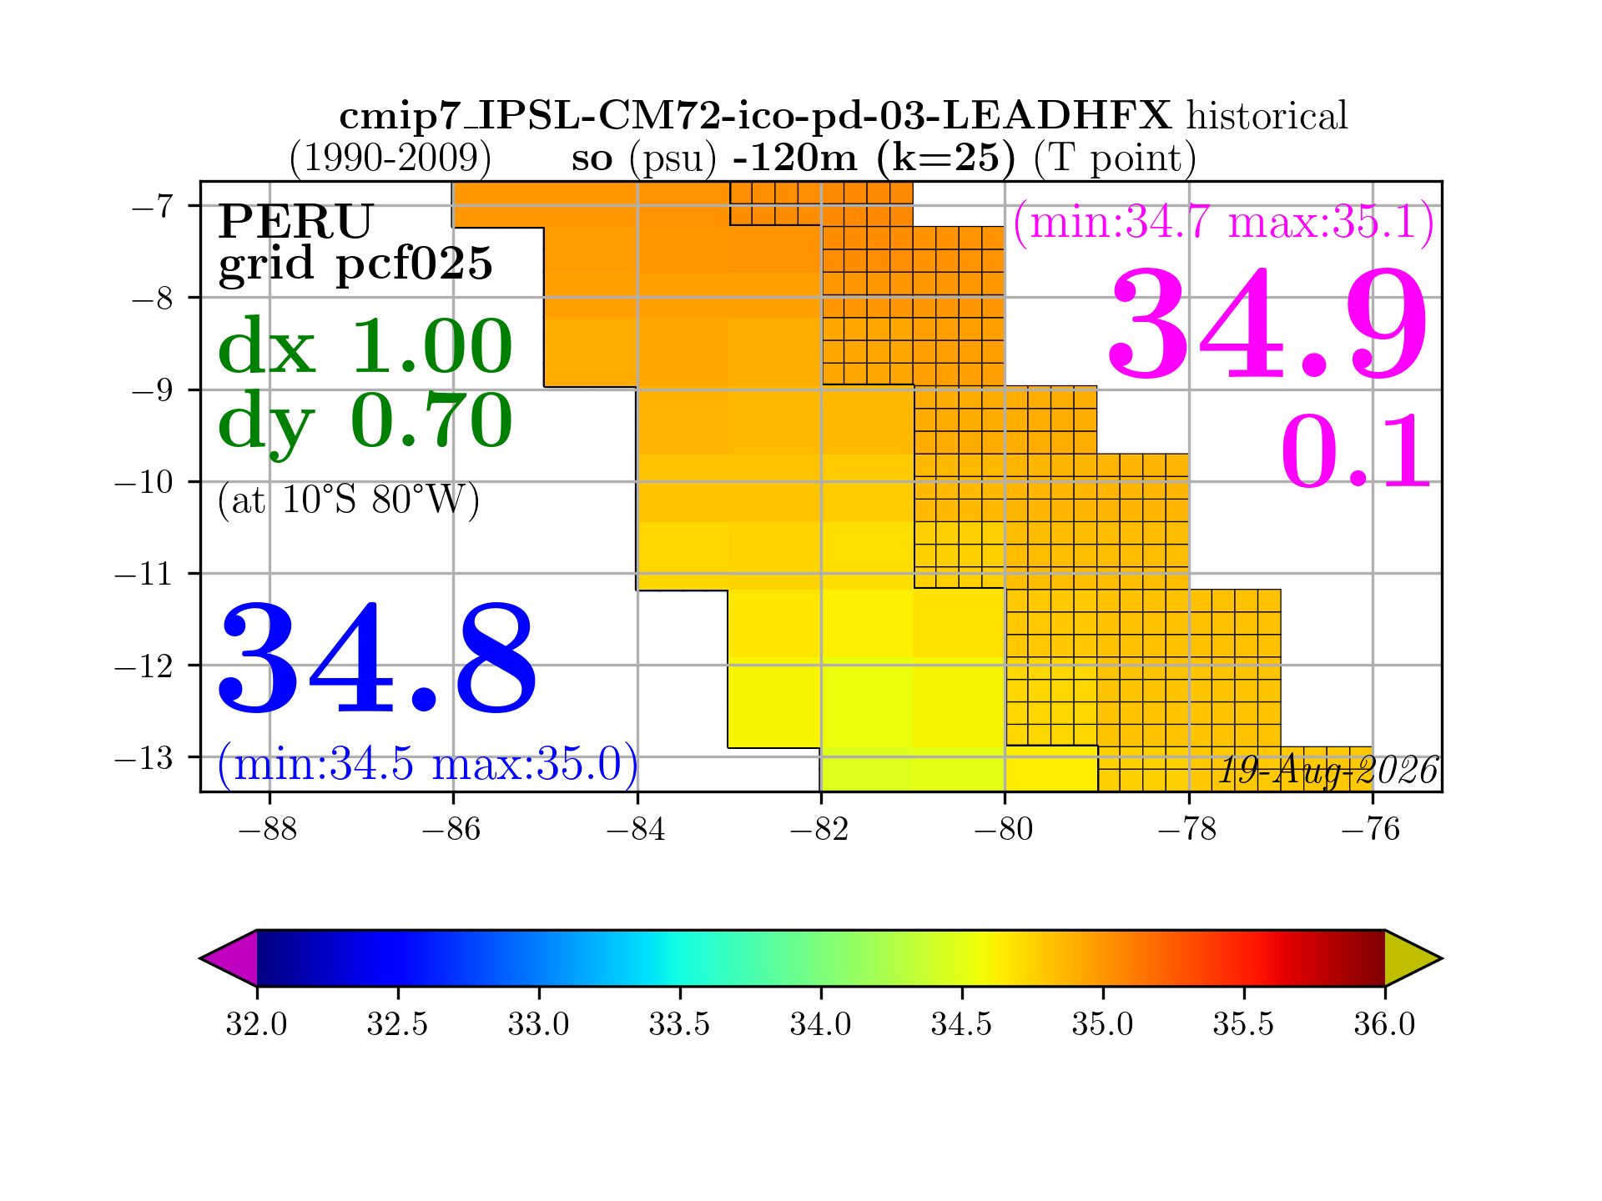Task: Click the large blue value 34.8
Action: (377, 659)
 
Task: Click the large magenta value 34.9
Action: (1267, 324)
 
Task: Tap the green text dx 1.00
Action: (365, 346)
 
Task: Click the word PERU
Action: (295, 222)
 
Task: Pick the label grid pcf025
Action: (355, 264)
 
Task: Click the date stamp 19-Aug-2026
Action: (1328, 771)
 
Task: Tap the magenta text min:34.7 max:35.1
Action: (1224, 223)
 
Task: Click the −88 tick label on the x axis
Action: (269, 830)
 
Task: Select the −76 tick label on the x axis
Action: (1372, 830)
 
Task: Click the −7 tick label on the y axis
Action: (153, 205)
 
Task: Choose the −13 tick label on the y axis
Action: (144, 757)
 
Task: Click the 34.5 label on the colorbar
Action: (962, 1023)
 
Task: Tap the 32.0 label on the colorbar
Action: (256, 1023)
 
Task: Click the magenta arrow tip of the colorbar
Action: (201, 958)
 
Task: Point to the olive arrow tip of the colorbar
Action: (1441, 958)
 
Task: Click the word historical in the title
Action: (1267, 116)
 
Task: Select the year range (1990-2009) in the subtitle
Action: (390, 158)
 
